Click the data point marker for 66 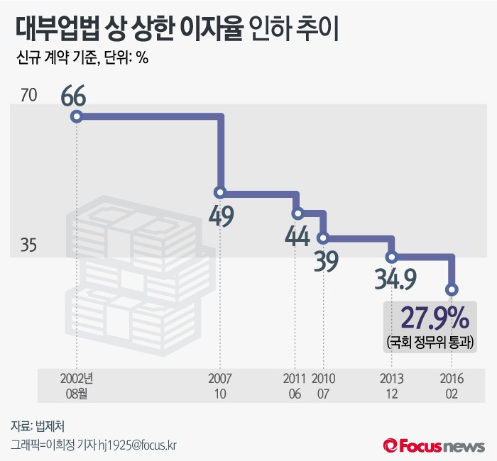click(x=77, y=116)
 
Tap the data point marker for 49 click(x=220, y=192)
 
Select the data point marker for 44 click(x=297, y=213)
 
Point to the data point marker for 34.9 click(x=391, y=257)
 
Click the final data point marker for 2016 click(x=452, y=289)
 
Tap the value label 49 click(x=222, y=216)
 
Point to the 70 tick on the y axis click(x=28, y=94)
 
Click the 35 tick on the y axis click(x=28, y=245)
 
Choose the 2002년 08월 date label click(x=77, y=384)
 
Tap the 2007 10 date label click(x=220, y=384)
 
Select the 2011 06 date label click(x=295, y=384)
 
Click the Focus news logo click(x=434, y=445)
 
